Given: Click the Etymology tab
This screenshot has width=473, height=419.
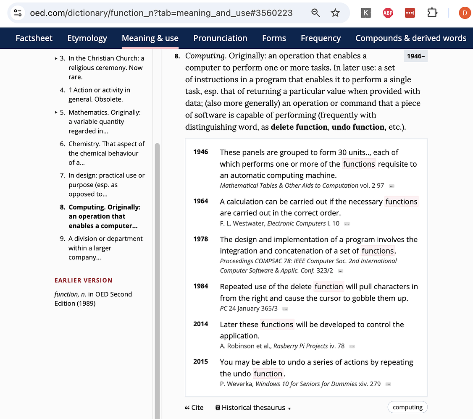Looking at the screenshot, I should point(87,38).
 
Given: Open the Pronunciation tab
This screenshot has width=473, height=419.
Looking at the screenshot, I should point(220,38).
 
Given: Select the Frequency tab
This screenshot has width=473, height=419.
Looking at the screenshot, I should point(321,38).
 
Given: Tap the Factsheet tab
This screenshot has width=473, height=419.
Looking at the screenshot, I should point(34,38).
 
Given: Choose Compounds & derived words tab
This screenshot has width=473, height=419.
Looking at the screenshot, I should point(411,38).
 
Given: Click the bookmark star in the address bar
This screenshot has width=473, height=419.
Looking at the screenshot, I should point(335,13).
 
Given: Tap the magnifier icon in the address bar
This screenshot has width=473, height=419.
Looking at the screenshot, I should point(316,13).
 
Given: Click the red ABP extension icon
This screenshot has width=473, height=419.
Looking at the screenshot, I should point(388,13).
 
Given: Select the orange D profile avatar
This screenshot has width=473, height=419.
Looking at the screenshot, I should point(465,13).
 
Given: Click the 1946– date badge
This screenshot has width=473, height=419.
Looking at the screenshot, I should point(415,56).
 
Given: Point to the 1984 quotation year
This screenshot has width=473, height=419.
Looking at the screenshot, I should point(201,286).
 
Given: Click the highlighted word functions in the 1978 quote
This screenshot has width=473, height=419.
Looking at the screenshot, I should point(378,251).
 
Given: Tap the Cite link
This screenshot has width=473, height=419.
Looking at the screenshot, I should point(194,407).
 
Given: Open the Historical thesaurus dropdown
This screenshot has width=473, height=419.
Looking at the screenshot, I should point(253,407).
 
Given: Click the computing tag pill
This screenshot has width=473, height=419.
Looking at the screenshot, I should point(407,407).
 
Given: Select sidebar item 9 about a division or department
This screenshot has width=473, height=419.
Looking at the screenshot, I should point(105,248).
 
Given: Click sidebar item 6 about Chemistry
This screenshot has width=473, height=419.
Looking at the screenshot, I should point(106,153).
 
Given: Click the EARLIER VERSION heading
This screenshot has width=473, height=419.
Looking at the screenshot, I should point(84,280).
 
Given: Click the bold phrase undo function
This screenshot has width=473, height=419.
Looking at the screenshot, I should point(358,127).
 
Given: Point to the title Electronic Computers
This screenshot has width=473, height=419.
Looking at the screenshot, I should point(296,224).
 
